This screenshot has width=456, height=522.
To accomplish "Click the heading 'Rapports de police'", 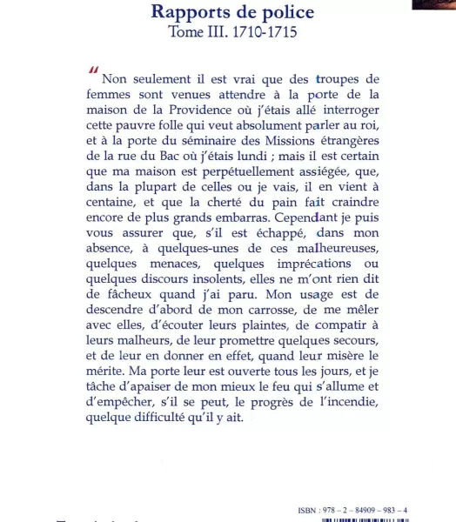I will (232, 12).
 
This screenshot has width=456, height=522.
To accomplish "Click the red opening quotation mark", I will (93, 71).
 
